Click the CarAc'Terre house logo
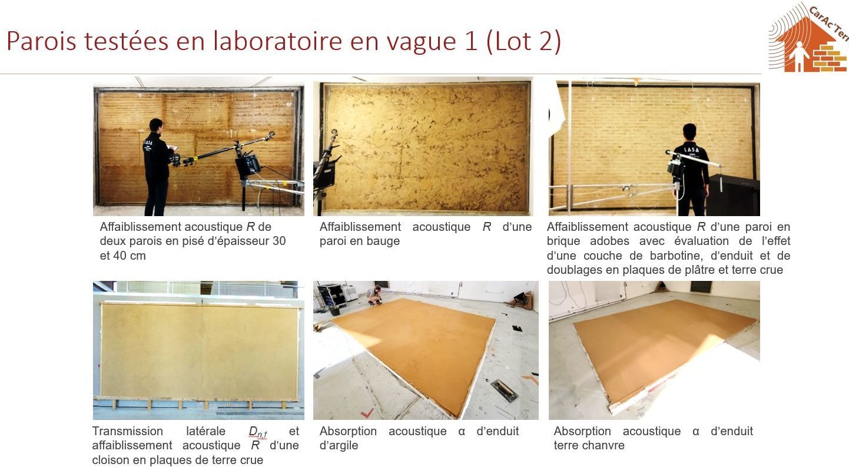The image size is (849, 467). pyautogui.click(x=807, y=38)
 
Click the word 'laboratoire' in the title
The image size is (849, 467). pyautogui.click(x=278, y=41)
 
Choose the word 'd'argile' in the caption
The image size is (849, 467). pyautogui.click(x=339, y=445)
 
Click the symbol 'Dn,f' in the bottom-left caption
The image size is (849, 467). pyautogui.click(x=258, y=432)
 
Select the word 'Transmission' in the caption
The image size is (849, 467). pyautogui.click(x=127, y=431)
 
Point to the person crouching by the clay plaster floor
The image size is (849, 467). pyautogui.click(x=374, y=295)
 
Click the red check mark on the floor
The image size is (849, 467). pyautogui.click(x=367, y=413)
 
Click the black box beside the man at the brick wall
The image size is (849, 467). pyautogui.click(x=734, y=195)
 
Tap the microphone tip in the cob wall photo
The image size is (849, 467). pyautogui.click(x=334, y=133)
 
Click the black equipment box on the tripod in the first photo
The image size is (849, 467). pyautogui.click(x=247, y=165)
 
